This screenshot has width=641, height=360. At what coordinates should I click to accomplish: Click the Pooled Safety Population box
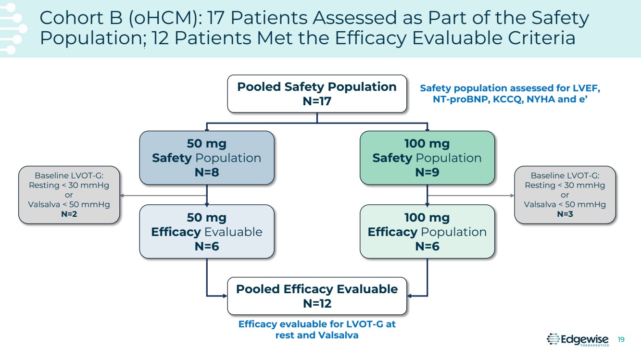coord(317,94)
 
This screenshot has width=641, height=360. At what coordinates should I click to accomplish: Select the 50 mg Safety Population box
coord(207,158)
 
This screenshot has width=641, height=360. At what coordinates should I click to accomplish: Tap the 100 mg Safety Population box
coord(427,158)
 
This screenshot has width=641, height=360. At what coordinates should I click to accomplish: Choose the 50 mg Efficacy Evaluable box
coord(207,232)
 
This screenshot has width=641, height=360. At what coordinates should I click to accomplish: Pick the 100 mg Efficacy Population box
coord(427,232)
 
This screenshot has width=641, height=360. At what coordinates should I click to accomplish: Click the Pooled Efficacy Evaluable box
coord(317,296)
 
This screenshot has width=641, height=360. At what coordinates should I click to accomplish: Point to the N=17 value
coord(317,101)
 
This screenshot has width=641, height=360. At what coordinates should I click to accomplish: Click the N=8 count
coord(207,173)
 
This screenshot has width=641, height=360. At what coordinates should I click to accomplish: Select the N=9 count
coord(427,173)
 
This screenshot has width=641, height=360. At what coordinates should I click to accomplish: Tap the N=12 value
coord(317,304)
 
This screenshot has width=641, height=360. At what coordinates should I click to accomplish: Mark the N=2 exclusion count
coord(69,214)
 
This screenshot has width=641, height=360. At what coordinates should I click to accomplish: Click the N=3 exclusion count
coord(565,214)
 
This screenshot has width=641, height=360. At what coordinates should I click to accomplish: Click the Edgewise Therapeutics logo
coord(578,340)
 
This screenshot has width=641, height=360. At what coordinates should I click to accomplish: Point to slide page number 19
coord(621,340)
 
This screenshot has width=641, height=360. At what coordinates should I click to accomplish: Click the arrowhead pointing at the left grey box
coord(122,196)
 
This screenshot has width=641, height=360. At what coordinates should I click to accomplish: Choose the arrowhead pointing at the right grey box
coord(512,196)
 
